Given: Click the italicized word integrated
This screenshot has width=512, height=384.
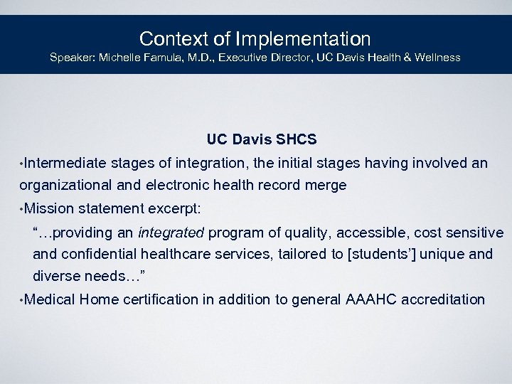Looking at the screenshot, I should pos(171,233).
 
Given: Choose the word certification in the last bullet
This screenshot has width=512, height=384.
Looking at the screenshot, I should pos(161,300).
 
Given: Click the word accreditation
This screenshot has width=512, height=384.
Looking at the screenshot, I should pos(443,300).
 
